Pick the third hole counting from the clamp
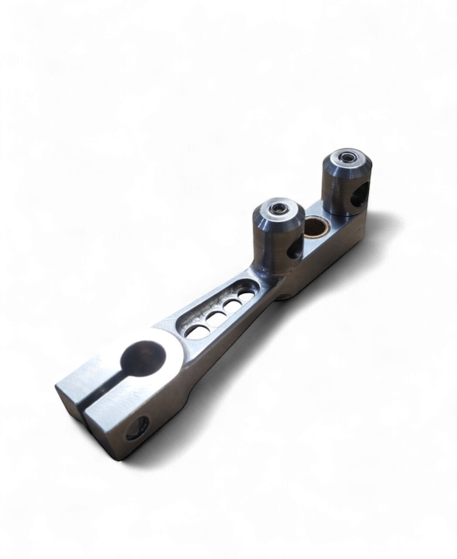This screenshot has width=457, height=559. point(233,304)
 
